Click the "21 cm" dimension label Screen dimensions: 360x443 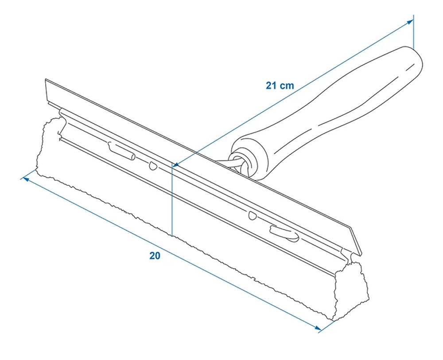point(280,86)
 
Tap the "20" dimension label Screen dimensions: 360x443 point(155,256)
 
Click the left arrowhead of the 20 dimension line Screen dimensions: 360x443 point(24,179)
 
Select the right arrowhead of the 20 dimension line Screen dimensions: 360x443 point(318,328)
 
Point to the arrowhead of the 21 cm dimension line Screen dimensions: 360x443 point(175,165)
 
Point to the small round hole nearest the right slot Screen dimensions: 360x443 point(253,216)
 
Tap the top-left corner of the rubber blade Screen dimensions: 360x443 point(46,81)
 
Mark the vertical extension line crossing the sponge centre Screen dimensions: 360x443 point(171,200)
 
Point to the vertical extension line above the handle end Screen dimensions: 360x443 point(413,31)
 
